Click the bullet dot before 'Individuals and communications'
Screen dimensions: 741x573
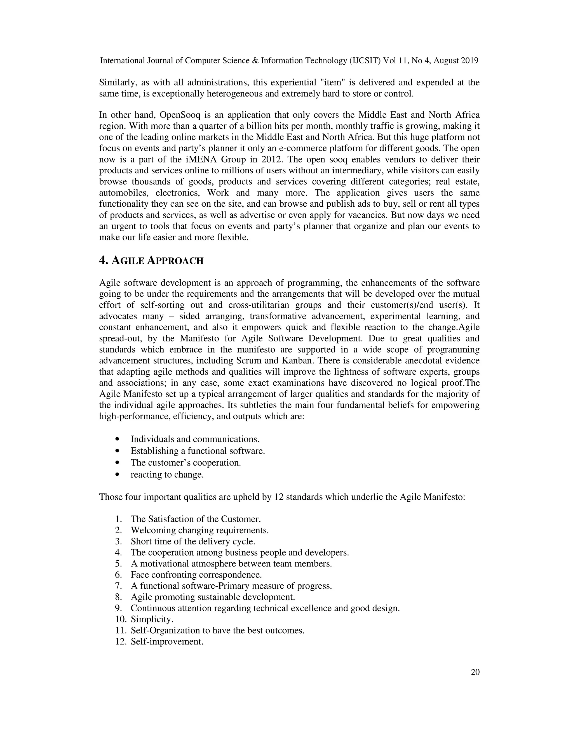coord(118,439)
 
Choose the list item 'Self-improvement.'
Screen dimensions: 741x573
coord(167,641)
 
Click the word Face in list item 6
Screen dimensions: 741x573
coord(140,575)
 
